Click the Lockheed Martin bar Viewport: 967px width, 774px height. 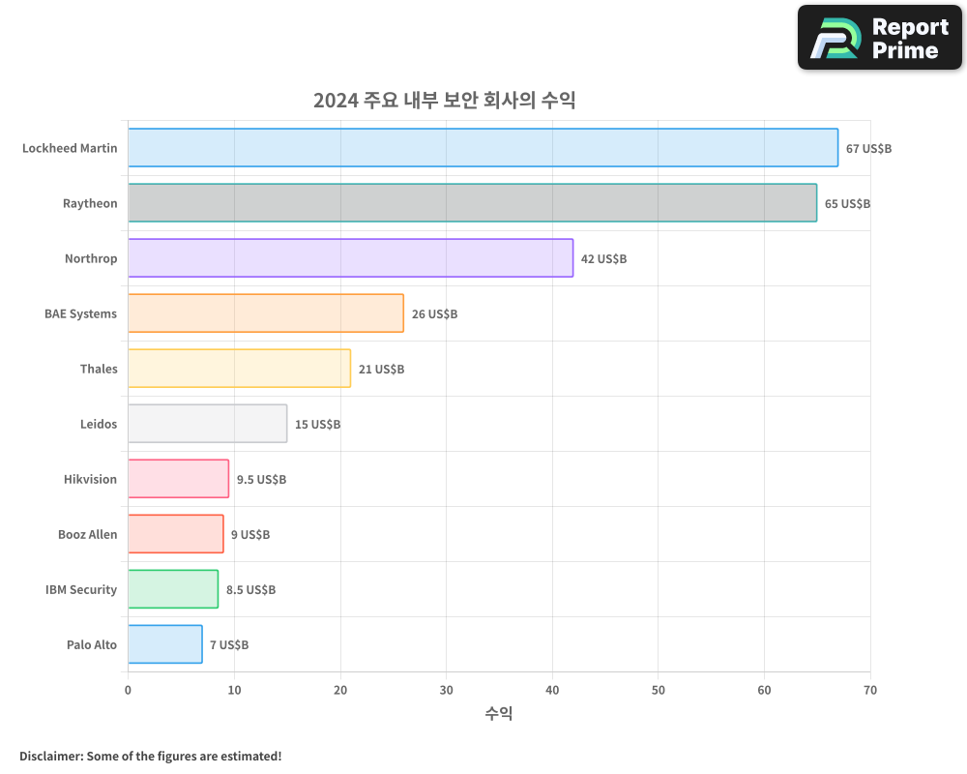[x=483, y=148]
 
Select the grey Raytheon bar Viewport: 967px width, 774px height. [x=472, y=203]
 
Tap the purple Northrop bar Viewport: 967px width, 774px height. [x=350, y=258]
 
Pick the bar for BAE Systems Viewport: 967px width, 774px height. [x=266, y=313]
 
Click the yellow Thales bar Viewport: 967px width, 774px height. [x=239, y=369]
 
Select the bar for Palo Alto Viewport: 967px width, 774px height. [x=165, y=644]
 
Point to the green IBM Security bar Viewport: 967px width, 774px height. [x=173, y=589]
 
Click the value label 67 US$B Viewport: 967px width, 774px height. [x=868, y=149]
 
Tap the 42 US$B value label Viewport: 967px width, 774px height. [x=603, y=259]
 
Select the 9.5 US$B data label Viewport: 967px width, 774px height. [x=261, y=480]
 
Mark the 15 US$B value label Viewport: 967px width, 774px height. [x=317, y=425]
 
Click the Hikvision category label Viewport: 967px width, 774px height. [x=90, y=480]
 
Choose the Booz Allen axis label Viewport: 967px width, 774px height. [x=87, y=535]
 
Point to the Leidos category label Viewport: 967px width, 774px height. [x=99, y=425]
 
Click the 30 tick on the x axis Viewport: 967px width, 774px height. [x=446, y=690]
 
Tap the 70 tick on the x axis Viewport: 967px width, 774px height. [x=870, y=690]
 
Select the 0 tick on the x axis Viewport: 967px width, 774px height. [x=128, y=690]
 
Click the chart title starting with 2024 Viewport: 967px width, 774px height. [x=444, y=101]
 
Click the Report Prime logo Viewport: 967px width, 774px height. [x=879, y=38]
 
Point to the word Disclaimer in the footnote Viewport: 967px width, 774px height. [x=49, y=756]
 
